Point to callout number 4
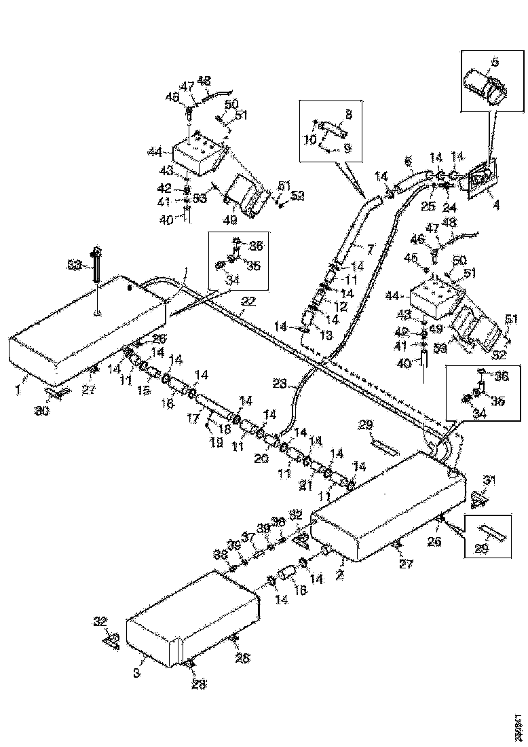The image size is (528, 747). click(495, 203)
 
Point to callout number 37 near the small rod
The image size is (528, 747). click(249, 536)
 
